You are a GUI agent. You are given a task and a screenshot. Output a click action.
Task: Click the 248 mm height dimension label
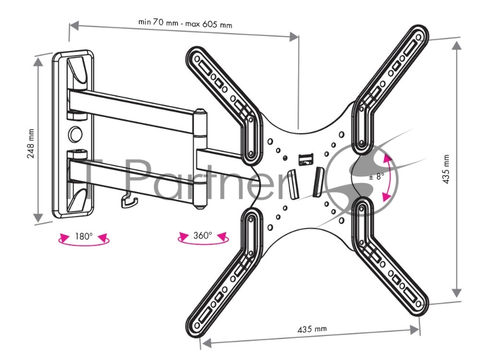click(31, 142)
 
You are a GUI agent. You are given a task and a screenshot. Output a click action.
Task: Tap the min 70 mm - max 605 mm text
click(185, 24)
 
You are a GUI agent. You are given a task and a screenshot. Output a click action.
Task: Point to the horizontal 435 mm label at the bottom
click(312, 329)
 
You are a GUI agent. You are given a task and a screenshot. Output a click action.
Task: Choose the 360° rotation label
click(202, 235)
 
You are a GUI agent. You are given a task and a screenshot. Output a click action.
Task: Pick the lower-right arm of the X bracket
click(390, 258)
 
